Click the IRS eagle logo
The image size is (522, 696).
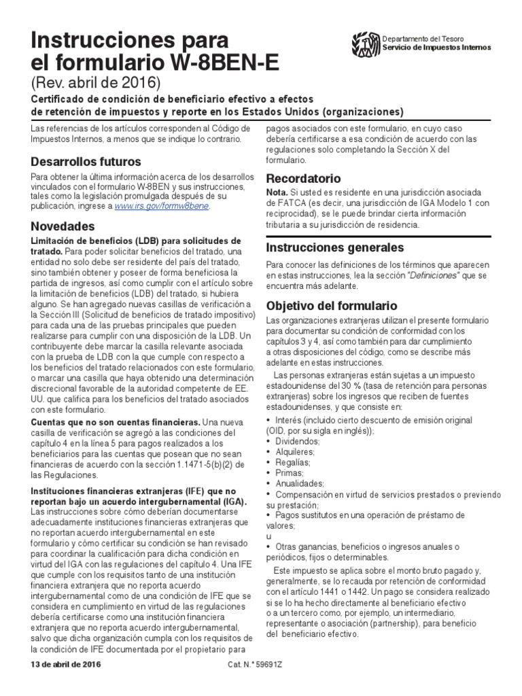click(x=366, y=44)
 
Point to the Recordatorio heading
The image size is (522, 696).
click(x=302, y=179)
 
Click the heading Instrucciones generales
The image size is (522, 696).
click(x=334, y=247)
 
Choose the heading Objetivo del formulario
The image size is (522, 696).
click(x=331, y=305)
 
